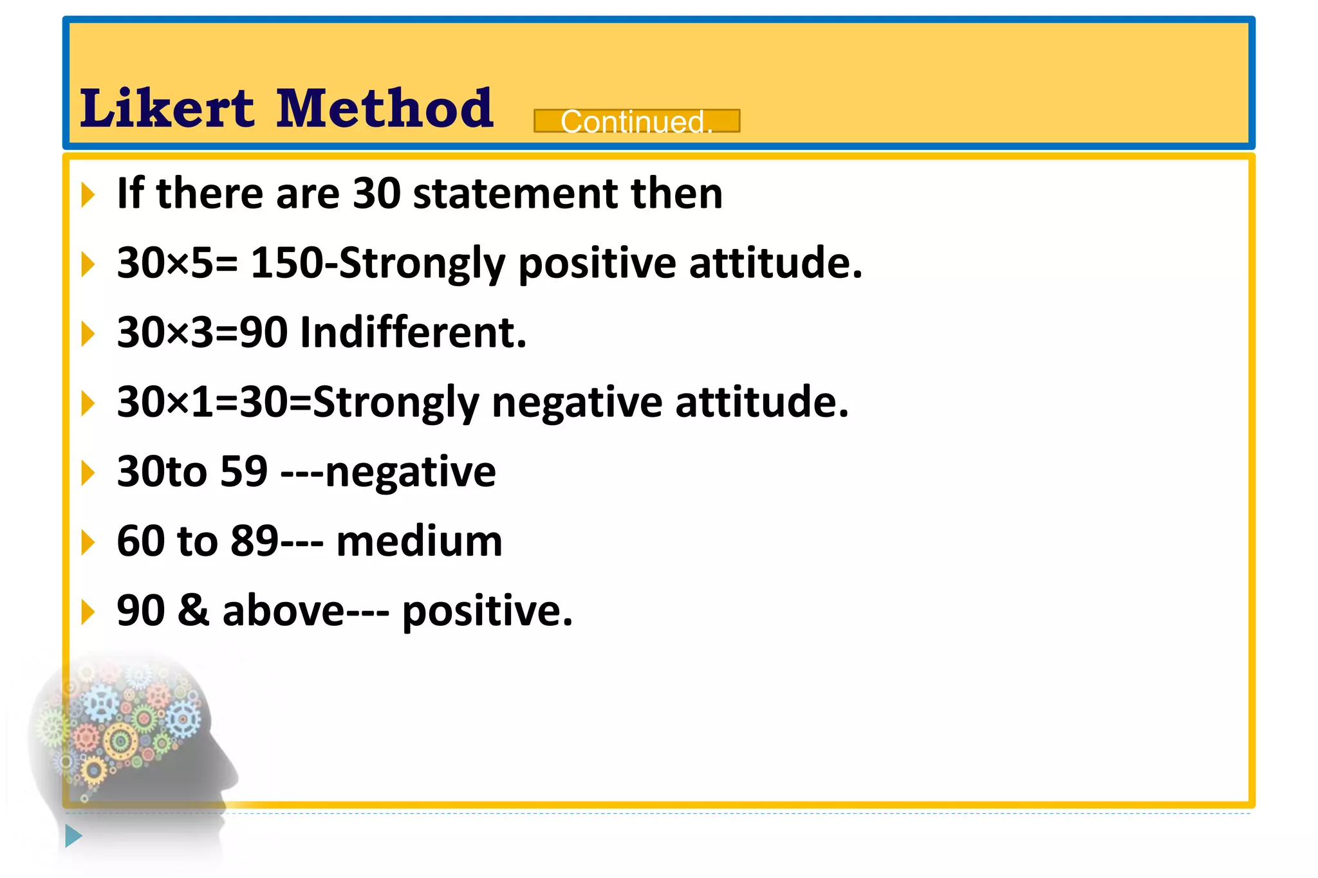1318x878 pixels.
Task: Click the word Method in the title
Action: [x=385, y=108]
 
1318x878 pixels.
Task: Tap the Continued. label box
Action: [x=636, y=121]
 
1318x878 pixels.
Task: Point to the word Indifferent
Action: [x=413, y=333]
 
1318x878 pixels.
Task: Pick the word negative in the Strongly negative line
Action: [x=577, y=403]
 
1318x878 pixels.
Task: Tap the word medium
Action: [x=419, y=542]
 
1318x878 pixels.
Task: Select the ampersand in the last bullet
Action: [x=193, y=610]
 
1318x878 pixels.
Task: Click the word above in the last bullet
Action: [x=283, y=610]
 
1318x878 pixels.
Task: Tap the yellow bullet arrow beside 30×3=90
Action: [x=88, y=334]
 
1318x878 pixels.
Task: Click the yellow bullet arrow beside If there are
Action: [x=88, y=195]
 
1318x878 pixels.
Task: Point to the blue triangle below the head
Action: [x=73, y=836]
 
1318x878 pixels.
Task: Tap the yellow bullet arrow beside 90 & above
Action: [x=88, y=612]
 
